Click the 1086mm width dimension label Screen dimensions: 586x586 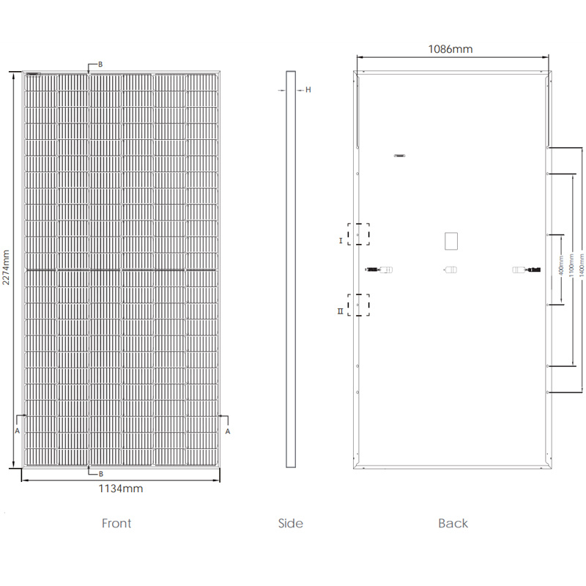[x=450, y=49]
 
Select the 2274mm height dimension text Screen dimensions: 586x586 [x=7, y=269]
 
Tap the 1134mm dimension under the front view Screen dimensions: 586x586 [x=120, y=488]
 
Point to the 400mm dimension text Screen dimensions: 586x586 [x=561, y=269]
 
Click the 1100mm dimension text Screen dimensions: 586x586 [x=571, y=269]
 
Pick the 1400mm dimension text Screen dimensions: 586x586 [x=581, y=269]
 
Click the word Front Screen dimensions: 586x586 [x=116, y=523]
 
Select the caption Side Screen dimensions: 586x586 [x=290, y=523]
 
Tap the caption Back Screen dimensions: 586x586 [x=453, y=523]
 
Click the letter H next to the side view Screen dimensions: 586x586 [x=308, y=90]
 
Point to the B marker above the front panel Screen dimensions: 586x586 [x=100, y=64]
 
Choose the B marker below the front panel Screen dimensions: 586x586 [x=100, y=474]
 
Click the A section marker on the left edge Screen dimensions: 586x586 [x=18, y=431]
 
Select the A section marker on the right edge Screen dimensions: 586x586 [x=228, y=431]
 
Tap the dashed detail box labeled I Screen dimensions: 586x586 [x=359, y=234]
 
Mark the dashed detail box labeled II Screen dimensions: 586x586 [x=359, y=305]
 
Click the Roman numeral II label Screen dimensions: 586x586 [x=340, y=311]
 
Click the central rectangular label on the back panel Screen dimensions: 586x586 [x=450, y=241]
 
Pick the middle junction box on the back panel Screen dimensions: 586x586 [x=450, y=270]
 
